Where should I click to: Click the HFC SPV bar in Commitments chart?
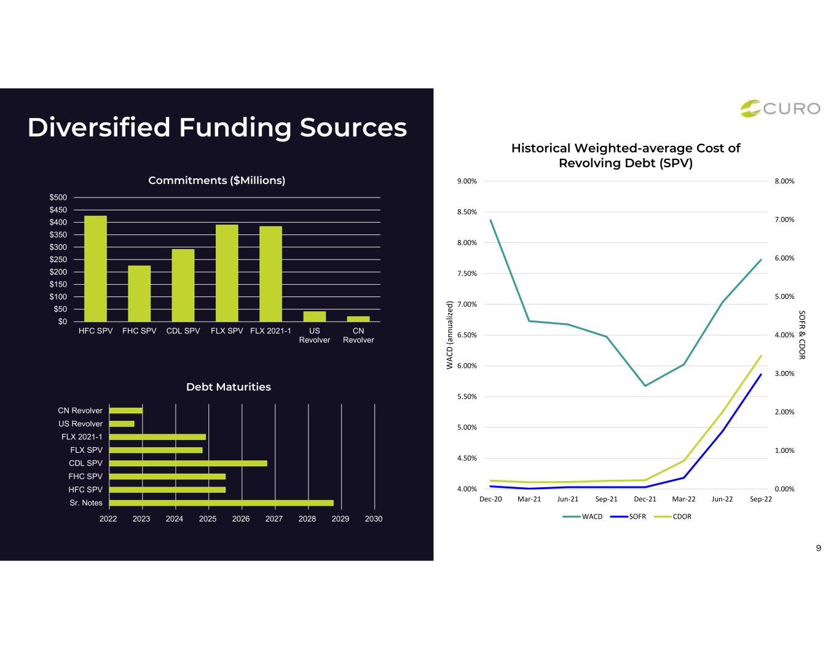coord(95,268)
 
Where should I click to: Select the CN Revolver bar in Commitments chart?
coord(358,319)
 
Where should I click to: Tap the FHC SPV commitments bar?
coord(140,293)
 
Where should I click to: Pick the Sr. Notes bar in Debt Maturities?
coord(222,503)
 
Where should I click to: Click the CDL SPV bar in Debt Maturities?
coord(189,463)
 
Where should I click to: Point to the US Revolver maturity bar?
coord(122,424)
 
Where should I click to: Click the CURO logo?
coord(781,108)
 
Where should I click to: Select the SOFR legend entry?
coord(628,517)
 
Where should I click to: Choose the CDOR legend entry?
coord(672,517)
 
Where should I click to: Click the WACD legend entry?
coord(583,517)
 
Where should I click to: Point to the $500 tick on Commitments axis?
coord(58,197)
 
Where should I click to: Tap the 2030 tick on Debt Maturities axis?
coord(374,519)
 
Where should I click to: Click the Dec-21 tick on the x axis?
coord(645,499)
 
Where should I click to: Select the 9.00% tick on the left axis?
coord(467,181)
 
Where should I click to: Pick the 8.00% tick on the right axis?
coord(784,181)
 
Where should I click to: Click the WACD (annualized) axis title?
coord(449,335)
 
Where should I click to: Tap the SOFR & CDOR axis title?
coord(802,335)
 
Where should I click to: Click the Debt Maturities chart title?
coord(229,387)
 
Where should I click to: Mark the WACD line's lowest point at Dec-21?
coord(645,386)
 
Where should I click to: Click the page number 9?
coord(819,548)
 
